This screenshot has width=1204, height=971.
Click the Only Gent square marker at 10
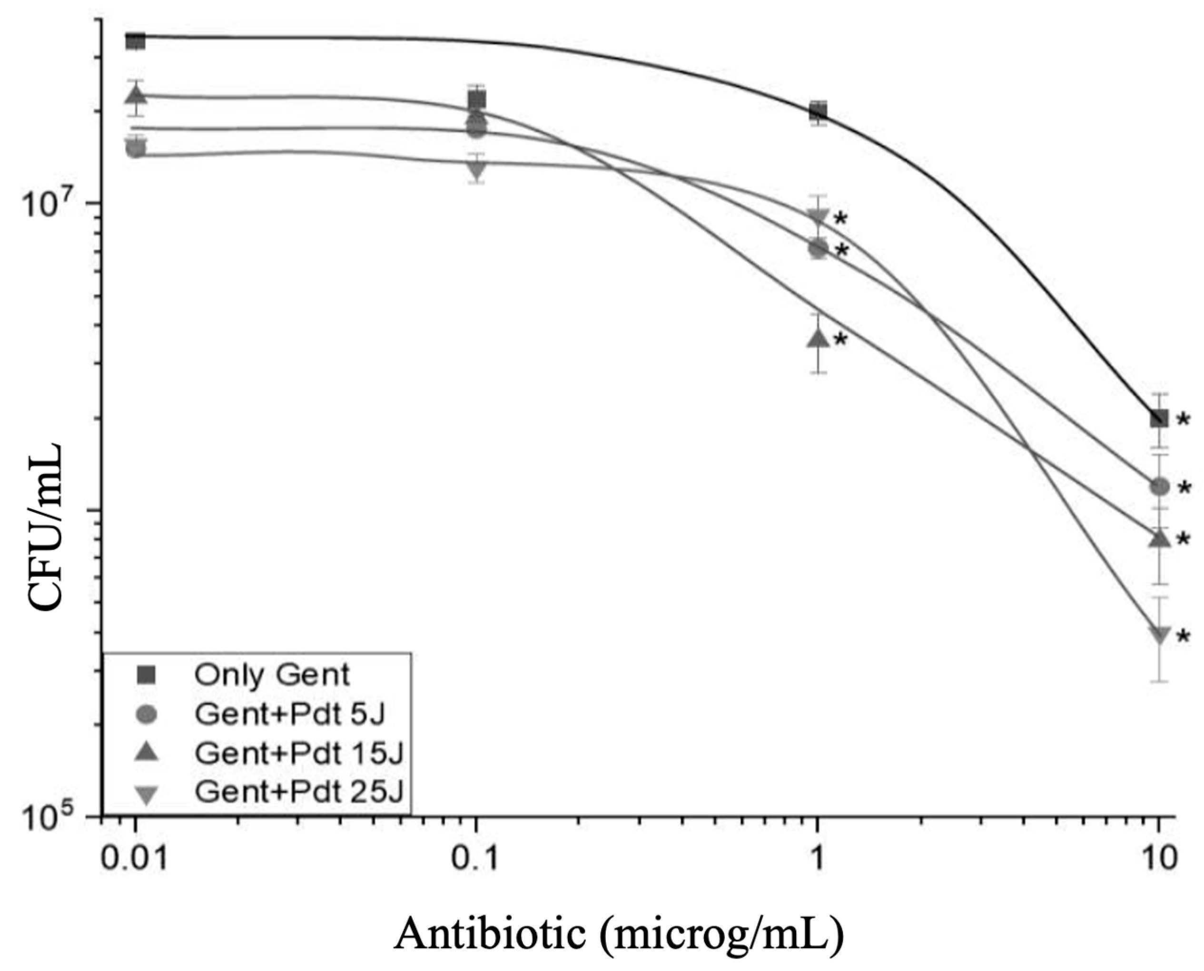(x=1158, y=418)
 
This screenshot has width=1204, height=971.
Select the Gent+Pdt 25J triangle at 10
(x=1158, y=634)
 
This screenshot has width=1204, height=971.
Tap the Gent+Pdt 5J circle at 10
(x=1158, y=487)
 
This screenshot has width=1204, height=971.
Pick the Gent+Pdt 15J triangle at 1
(x=818, y=337)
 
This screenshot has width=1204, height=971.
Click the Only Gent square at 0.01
(x=136, y=41)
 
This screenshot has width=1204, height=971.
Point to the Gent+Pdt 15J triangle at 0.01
(x=136, y=95)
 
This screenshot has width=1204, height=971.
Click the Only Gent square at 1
(x=818, y=111)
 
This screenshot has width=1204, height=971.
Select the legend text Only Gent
(x=272, y=675)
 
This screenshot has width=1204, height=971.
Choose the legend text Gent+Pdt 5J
(x=290, y=714)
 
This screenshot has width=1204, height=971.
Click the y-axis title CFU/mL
(x=45, y=526)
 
